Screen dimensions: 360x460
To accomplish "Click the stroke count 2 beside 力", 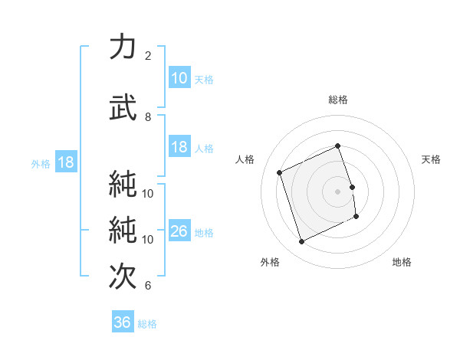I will click(x=148, y=56).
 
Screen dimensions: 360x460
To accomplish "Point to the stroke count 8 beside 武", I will click(x=148, y=117).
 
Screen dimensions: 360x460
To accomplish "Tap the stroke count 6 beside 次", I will click(x=148, y=286).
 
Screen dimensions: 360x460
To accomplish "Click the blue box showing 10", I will click(x=179, y=78).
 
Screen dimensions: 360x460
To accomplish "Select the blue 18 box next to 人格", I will click(x=179, y=148).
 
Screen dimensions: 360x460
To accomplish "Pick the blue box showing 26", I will click(x=179, y=232).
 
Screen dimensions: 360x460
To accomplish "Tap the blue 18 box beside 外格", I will click(x=65, y=163).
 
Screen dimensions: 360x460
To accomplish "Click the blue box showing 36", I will click(x=123, y=323).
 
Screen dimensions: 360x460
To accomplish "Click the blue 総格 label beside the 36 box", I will click(x=148, y=324).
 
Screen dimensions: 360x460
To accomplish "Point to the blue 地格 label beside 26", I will click(x=205, y=233).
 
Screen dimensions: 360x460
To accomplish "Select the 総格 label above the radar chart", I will click(x=338, y=100).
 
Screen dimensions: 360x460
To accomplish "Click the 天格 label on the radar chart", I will click(x=431, y=159).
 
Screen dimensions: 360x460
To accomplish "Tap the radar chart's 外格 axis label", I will click(x=269, y=262).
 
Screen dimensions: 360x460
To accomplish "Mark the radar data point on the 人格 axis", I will click(x=280, y=172).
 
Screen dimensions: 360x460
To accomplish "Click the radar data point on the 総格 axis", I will click(x=338, y=146).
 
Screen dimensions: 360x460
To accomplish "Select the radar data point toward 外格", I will click(x=301, y=242).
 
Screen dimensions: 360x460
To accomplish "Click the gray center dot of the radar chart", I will click(x=338, y=191).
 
